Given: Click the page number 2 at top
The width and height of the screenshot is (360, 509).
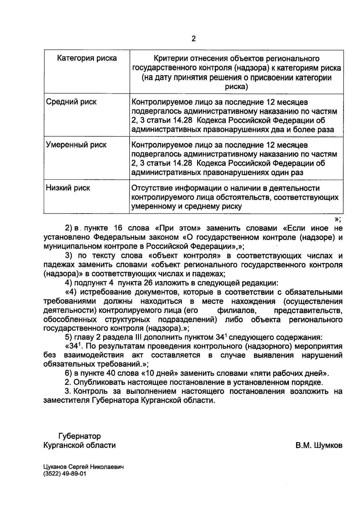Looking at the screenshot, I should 193,39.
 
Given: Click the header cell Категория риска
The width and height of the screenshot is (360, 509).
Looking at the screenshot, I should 87,58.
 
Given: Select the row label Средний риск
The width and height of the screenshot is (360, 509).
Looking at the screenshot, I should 71,102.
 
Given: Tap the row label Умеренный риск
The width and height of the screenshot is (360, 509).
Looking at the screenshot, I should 76,145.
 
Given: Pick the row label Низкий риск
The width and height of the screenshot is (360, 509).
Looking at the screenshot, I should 68,188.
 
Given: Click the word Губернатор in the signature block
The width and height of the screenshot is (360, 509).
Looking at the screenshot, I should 79,436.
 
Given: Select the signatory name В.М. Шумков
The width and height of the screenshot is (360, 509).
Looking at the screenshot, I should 319,445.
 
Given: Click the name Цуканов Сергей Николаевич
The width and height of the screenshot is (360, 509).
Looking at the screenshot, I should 83,467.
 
